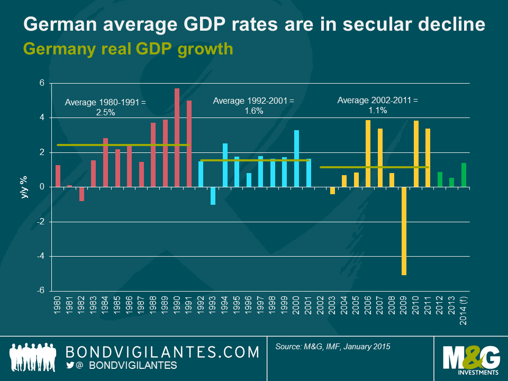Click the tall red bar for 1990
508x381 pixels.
[x=177, y=138]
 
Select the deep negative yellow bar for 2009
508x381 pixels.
[x=404, y=231]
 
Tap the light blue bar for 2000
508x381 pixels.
[x=296, y=158]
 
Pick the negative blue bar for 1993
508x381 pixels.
[x=213, y=195]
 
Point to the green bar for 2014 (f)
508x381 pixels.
[x=464, y=175]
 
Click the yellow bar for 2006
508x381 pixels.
[x=368, y=153]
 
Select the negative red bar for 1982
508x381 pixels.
[x=81, y=194]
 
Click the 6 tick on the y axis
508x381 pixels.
[x=42, y=84]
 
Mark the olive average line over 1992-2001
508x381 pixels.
[x=254, y=160]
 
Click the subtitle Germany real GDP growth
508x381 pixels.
[x=128, y=49]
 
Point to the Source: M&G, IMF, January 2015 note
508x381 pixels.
[x=333, y=347]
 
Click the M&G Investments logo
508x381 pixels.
[x=470, y=358]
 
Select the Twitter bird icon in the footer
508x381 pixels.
[x=70, y=366]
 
